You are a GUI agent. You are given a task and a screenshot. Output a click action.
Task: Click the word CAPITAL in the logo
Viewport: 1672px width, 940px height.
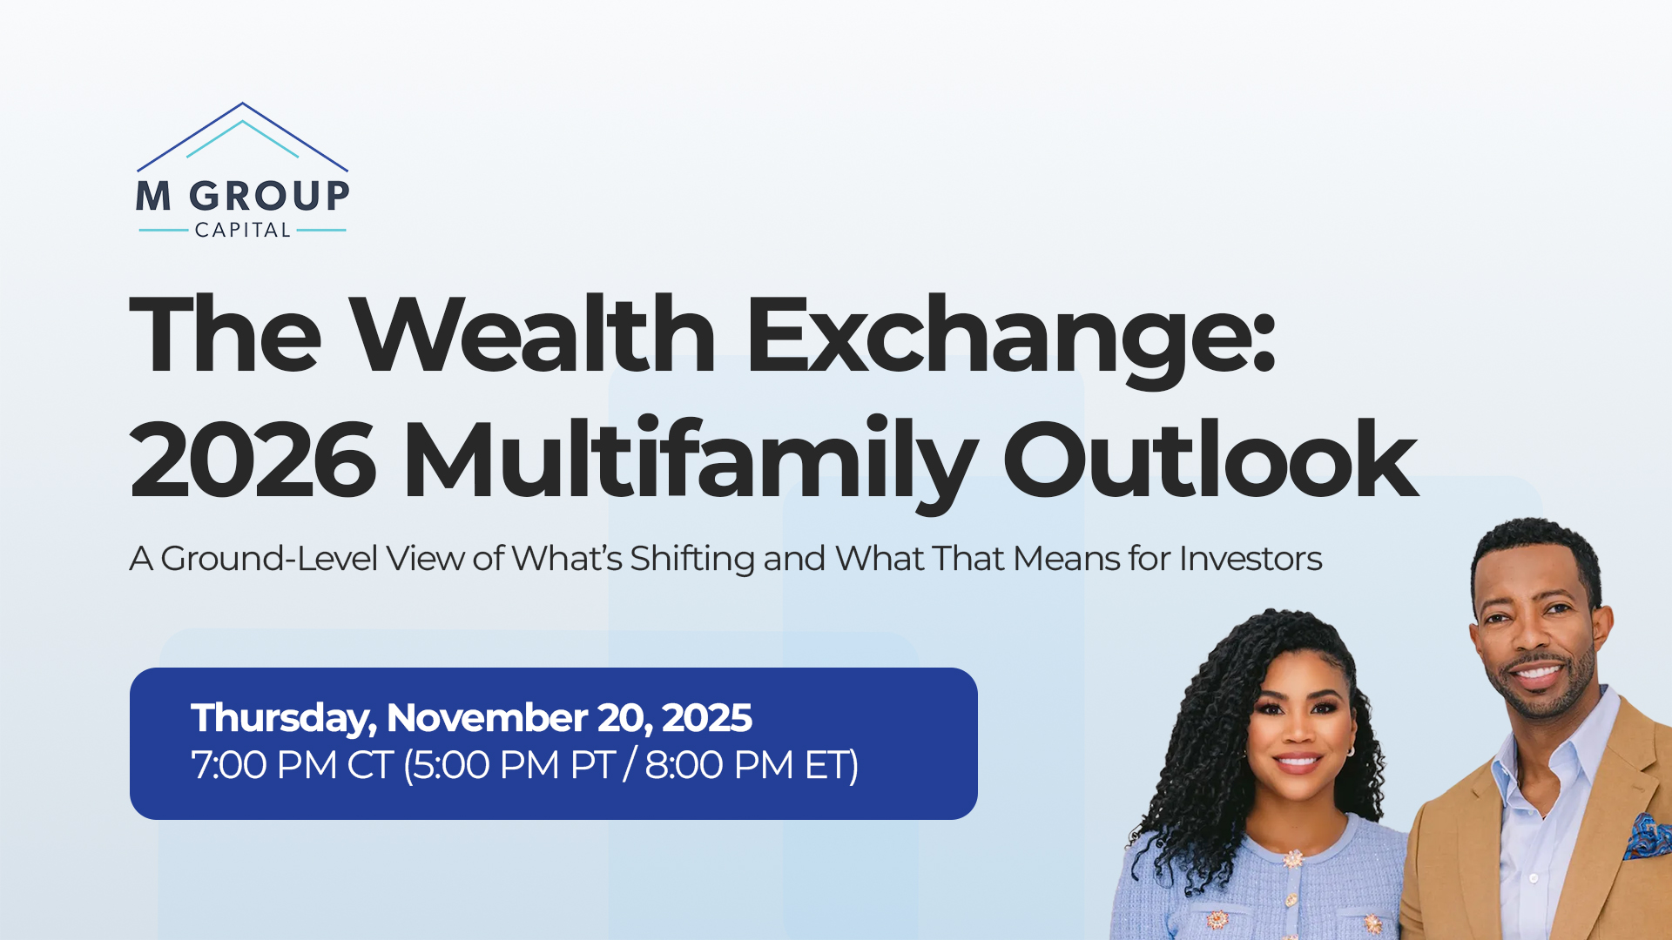(243, 230)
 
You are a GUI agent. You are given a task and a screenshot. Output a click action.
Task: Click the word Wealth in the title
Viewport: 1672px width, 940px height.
(533, 335)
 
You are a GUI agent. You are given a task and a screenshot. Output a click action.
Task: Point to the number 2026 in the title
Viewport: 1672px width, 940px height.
(253, 459)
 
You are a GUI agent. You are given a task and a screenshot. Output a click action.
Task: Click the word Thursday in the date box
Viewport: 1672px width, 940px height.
(284, 719)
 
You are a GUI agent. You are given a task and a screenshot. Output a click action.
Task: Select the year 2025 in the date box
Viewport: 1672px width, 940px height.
(706, 718)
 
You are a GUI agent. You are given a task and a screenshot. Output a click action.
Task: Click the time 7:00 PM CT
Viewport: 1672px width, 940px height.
(292, 766)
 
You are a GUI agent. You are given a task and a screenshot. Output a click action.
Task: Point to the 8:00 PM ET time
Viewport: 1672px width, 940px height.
(752, 766)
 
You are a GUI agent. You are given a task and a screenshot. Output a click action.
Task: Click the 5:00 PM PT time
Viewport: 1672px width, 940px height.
(509, 766)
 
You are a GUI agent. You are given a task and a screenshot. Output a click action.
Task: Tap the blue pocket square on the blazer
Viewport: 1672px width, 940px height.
(1648, 836)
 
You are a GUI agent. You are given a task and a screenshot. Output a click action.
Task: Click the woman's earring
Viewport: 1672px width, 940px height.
(1350, 750)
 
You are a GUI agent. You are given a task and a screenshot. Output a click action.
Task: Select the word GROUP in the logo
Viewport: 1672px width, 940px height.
(270, 196)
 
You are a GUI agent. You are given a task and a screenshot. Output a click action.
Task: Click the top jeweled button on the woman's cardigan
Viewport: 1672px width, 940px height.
(1293, 859)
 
